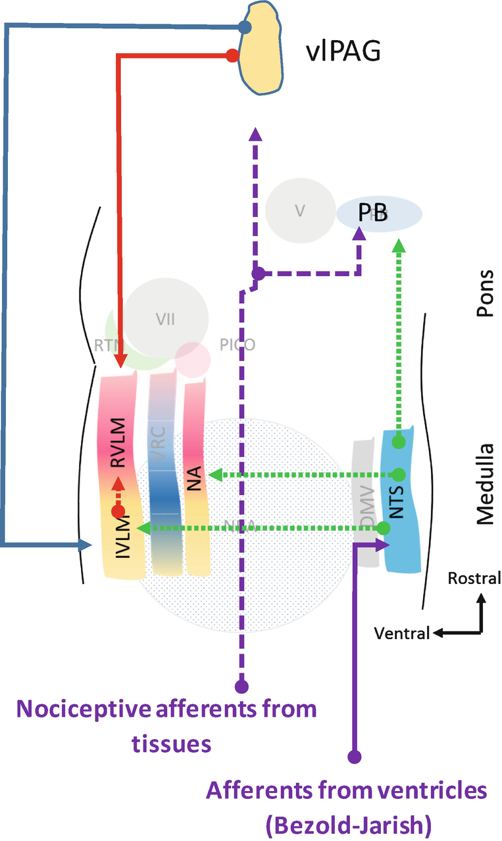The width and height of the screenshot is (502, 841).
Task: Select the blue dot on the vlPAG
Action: (244, 28)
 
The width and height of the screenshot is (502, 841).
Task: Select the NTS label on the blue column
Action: (397, 506)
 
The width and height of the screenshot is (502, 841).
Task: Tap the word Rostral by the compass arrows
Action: (474, 579)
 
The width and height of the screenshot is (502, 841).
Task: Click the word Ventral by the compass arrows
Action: (401, 633)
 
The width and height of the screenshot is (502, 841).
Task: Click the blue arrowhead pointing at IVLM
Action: (86, 544)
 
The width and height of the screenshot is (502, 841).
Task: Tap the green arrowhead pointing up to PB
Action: (398, 246)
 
